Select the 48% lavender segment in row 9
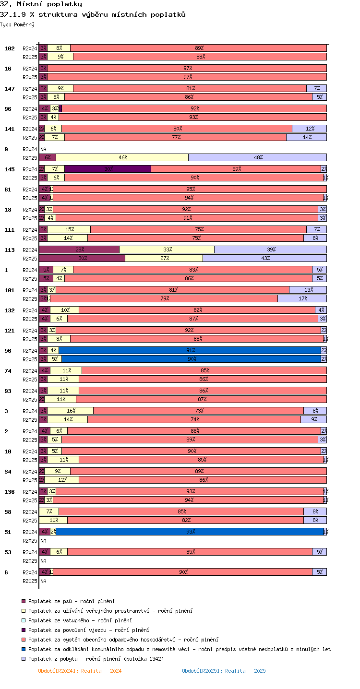coord(257,157)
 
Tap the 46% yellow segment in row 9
coord(122,157)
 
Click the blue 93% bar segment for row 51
coord(190,532)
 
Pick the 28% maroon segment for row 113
coord(79,249)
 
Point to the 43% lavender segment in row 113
coord(264,258)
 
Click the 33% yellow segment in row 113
coord(167,249)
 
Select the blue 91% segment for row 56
coord(190,350)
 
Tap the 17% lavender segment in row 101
coord(302,298)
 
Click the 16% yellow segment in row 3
coord(70,411)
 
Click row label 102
coord(10,48)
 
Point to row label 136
coord(10,492)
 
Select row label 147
coord(10,89)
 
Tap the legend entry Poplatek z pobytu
coord(96,659)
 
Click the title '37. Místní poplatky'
coord(41,4)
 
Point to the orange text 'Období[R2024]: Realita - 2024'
coord(80,671)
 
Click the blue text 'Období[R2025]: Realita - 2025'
coord(224,671)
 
